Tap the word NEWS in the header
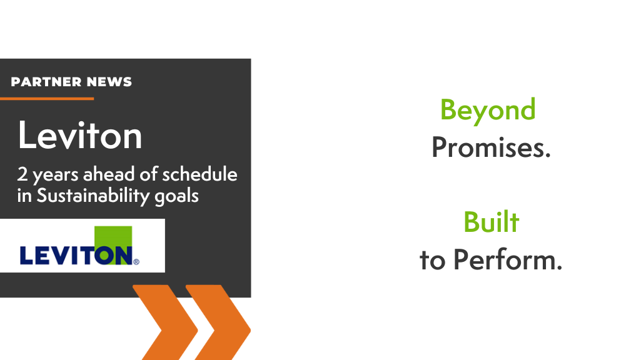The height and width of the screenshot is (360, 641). coord(109,82)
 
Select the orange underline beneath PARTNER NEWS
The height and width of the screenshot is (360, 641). coord(47,99)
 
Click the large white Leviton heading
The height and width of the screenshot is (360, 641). coord(79,134)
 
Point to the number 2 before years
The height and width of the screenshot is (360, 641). coord(22,174)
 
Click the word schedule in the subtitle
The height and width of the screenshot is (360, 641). coord(199,174)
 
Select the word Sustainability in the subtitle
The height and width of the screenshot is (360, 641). coord(93,196)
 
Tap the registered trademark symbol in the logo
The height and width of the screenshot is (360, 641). coord(136,261)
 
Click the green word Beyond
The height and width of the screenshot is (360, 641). coord(488,111)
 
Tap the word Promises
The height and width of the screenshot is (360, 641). coord(491,147)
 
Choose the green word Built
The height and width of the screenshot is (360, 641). coord(491,222)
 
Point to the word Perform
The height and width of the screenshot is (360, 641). coord(508,259)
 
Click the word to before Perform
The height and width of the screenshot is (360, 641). coord(433,261)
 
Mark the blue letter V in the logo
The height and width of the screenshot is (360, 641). coord(64,256)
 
